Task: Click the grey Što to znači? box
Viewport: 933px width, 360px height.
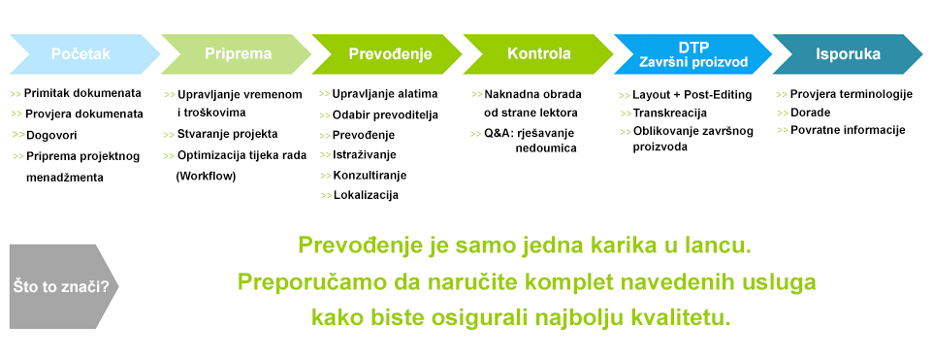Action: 63,287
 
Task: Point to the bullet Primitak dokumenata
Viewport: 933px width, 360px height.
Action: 82,94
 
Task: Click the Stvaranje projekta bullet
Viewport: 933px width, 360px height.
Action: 227,134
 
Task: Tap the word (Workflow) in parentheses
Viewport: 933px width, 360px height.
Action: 206,177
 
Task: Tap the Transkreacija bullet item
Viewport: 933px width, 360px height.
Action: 669,114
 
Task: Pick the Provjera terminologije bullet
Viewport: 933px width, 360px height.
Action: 852,94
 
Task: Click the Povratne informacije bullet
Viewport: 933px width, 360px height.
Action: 847,130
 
